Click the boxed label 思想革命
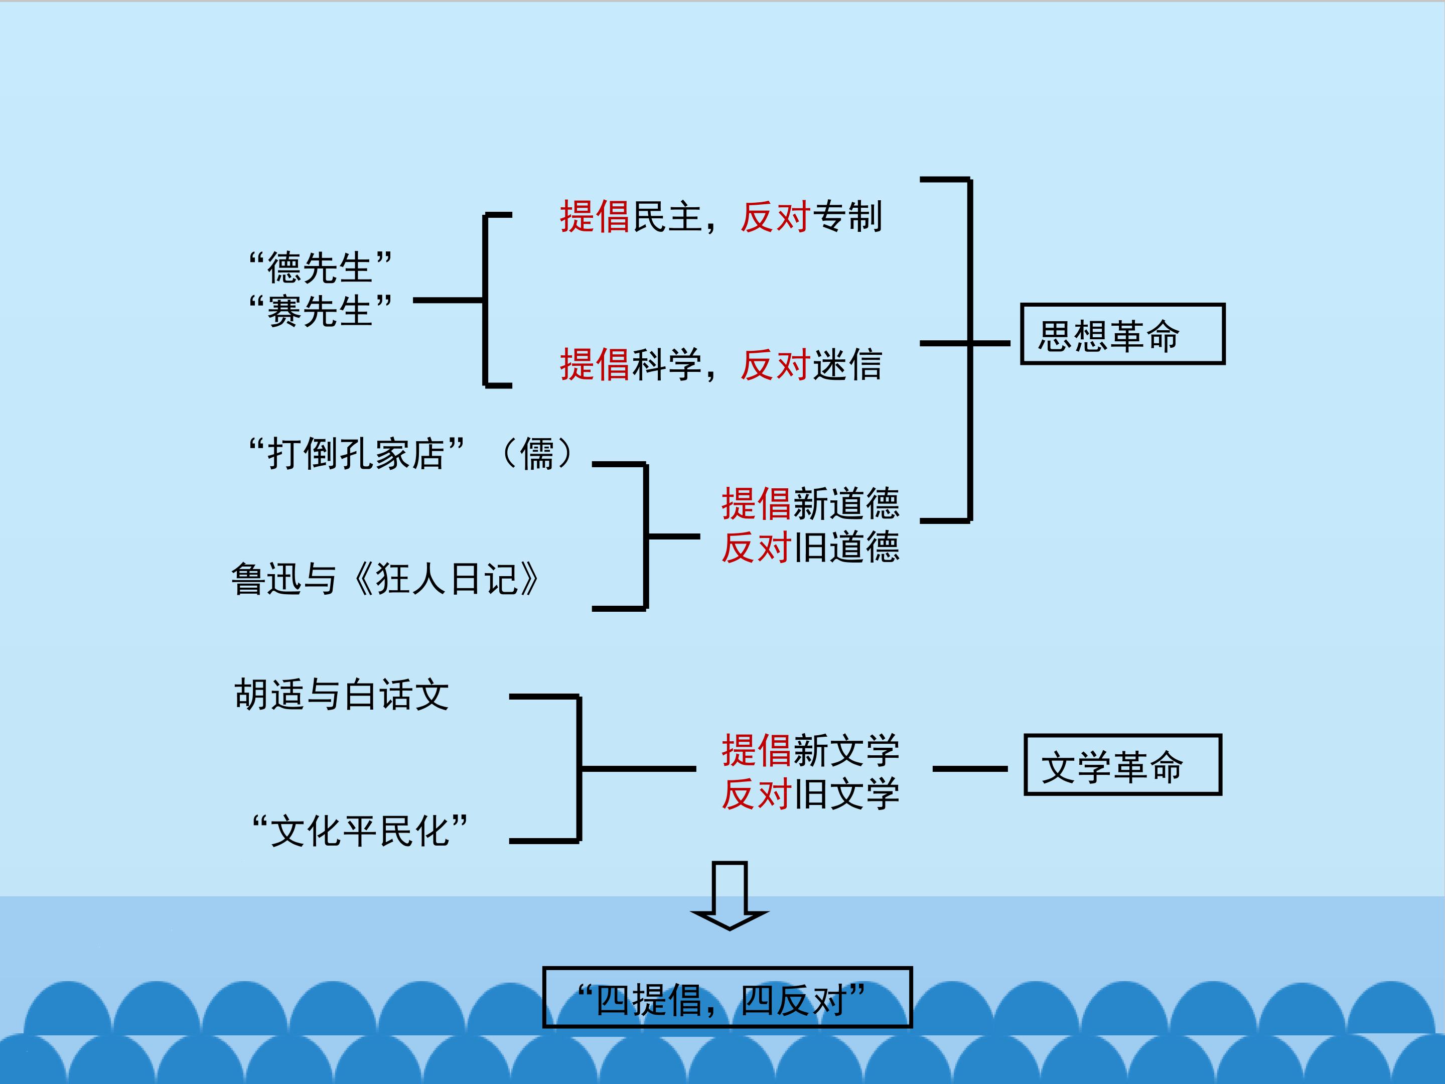coord(1122,334)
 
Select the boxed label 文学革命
coord(1122,764)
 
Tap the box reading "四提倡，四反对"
coord(727,997)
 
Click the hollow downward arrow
coord(729,895)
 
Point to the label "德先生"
coord(320,267)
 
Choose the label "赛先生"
coord(320,310)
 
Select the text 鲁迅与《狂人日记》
coord(385,579)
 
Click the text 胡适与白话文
coord(342,694)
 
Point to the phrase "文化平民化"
coord(360,831)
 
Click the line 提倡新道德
coord(810,503)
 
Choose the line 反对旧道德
coord(810,547)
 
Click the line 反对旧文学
coord(810,794)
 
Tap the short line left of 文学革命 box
coord(969,769)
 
